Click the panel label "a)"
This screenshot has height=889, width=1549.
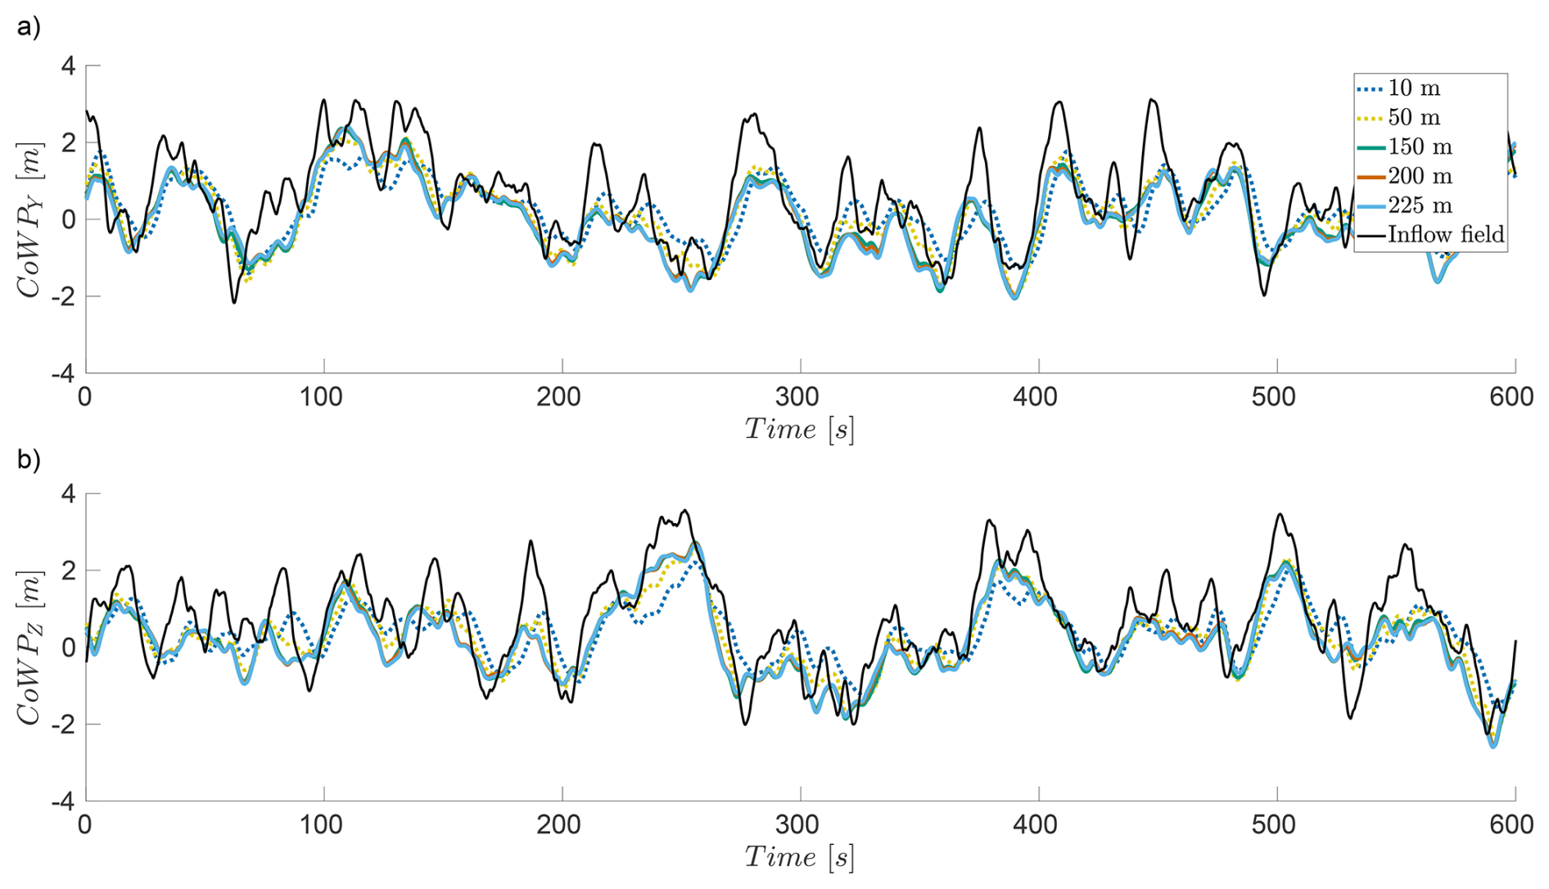coord(29,27)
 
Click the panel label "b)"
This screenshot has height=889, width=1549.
coord(29,459)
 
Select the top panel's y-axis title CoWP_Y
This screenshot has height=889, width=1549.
coord(29,219)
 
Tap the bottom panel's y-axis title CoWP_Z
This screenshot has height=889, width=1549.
coord(29,648)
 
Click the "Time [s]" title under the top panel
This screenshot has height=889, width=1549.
coord(799,429)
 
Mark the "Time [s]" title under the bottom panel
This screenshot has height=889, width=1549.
coord(799,857)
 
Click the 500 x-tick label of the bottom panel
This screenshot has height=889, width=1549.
coord(1274,824)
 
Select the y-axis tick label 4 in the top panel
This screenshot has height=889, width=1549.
coord(68,65)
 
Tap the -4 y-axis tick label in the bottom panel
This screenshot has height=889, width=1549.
coord(63,801)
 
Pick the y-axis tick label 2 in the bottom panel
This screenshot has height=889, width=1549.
coord(68,571)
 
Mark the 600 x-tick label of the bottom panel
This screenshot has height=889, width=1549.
coord(1511,824)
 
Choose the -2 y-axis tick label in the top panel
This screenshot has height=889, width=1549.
coord(63,296)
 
